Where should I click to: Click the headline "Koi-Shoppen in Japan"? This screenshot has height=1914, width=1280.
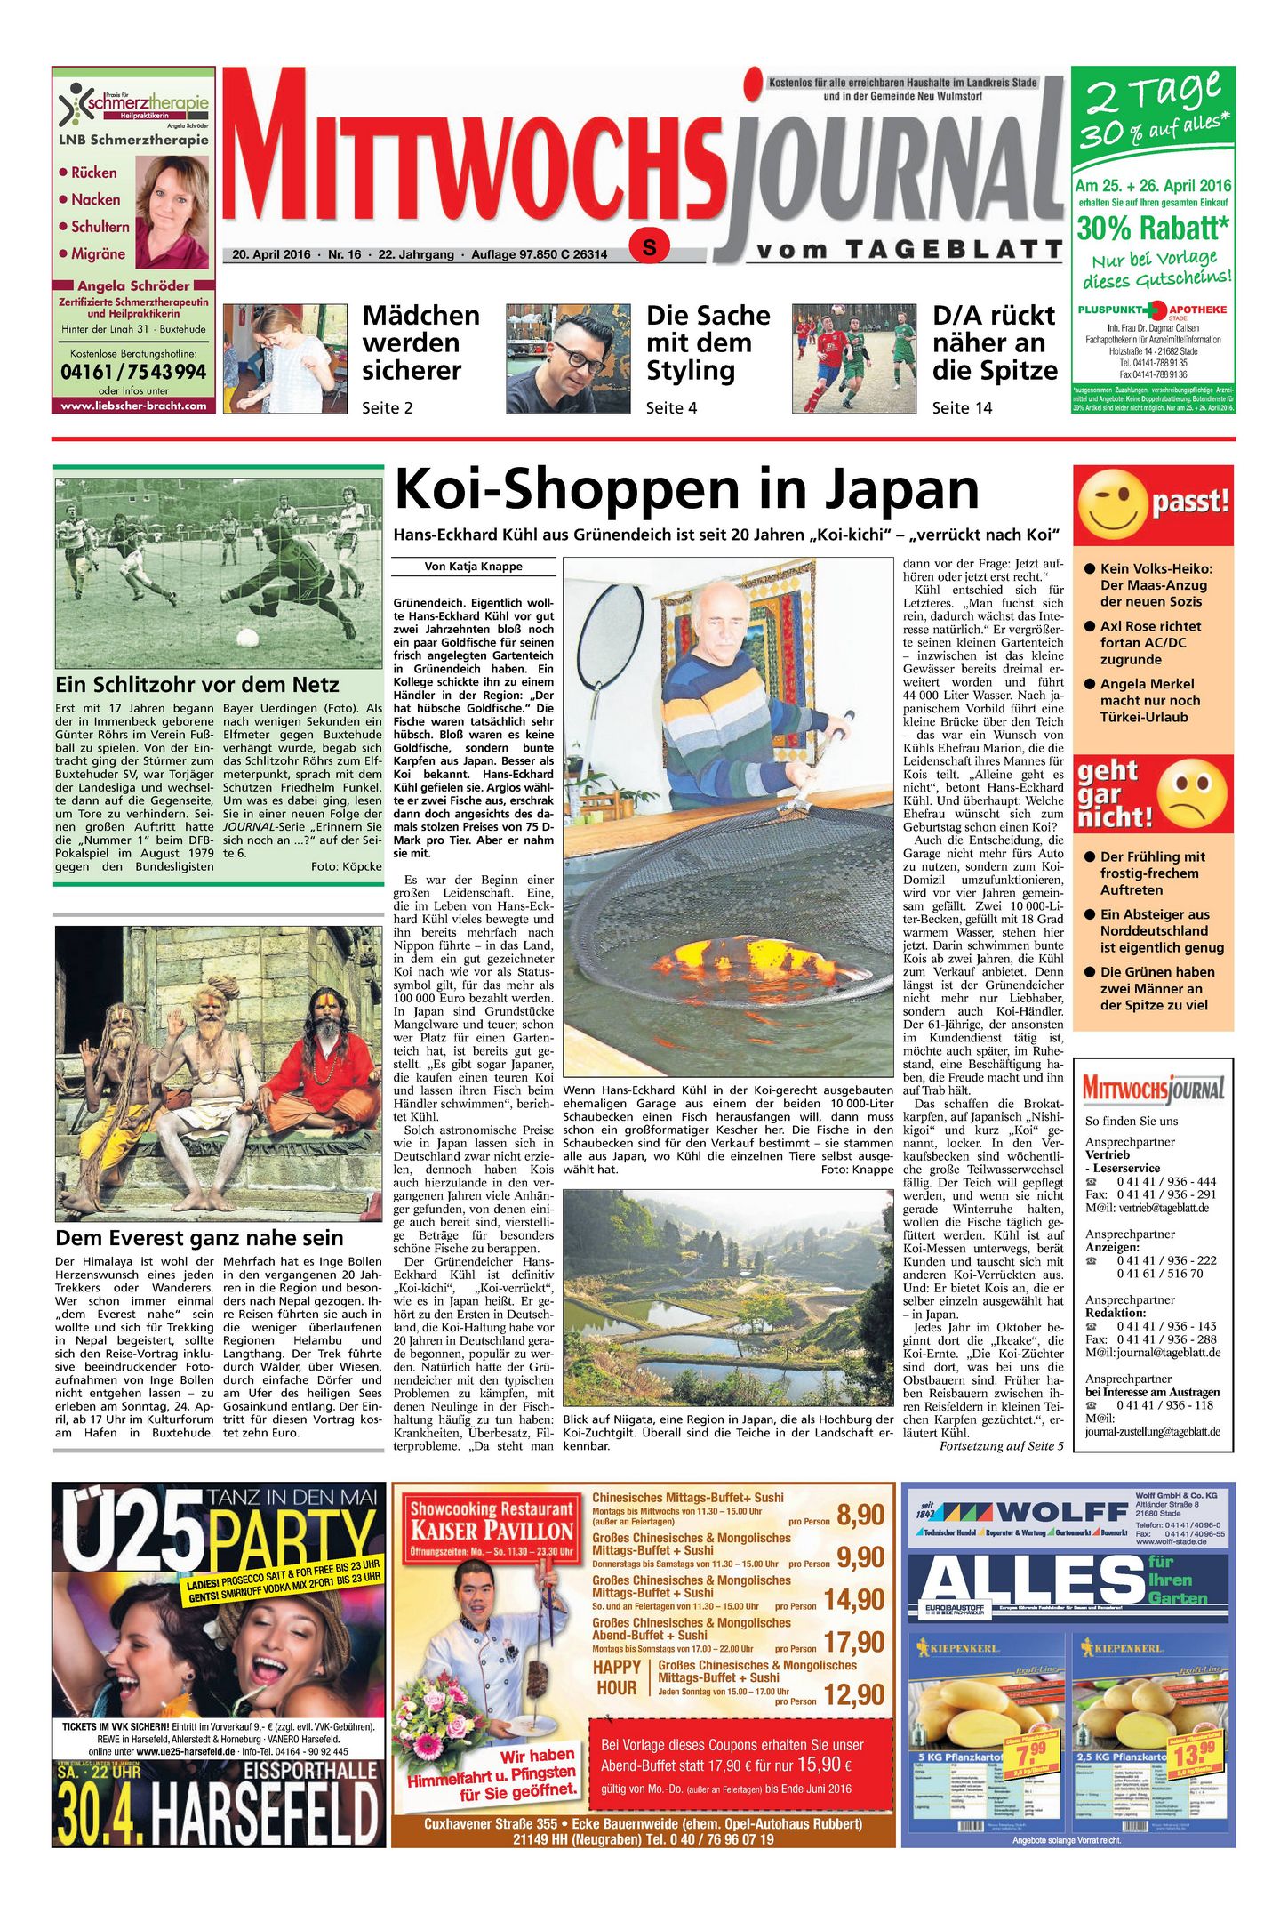pos(685,490)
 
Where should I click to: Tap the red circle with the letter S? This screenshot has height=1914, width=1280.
pos(650,247)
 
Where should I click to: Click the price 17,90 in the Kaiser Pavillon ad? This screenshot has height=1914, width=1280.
pos(853,1642)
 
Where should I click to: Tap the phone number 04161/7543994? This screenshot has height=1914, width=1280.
pos(133,372)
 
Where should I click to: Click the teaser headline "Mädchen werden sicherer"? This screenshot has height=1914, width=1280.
pos(420,342)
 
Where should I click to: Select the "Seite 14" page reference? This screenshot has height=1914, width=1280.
pos(962,408)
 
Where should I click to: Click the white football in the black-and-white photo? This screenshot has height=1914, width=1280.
pos(248,638)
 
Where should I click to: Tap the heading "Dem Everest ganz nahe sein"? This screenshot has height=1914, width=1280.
pos(199,1238)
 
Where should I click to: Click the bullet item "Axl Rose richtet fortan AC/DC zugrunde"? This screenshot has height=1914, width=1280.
pos(1150,642)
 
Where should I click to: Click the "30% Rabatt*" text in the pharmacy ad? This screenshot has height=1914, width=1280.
pos(1153,228)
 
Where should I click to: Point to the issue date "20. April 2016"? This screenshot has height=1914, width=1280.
pos(271,254)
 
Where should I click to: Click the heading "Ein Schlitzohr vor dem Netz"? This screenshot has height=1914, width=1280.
pos(197,685)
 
